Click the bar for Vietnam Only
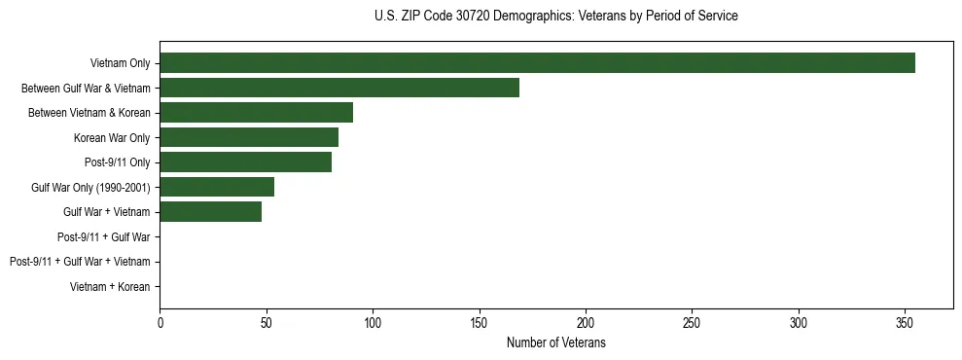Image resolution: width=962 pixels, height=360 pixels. [x=537, y=63]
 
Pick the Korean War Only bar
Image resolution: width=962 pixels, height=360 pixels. [x=249, y=137]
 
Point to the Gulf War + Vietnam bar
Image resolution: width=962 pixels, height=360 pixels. [x=210, y=212]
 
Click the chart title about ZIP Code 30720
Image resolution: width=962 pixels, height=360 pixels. [x=555, y=17]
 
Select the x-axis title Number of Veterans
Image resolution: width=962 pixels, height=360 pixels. [x=555, y=343]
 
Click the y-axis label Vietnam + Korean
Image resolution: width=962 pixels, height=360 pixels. [x=110, y=287]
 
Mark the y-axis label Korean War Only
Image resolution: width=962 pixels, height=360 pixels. [x=112, y=138]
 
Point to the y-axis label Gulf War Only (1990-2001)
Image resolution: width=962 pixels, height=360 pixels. [x=90, y=188]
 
